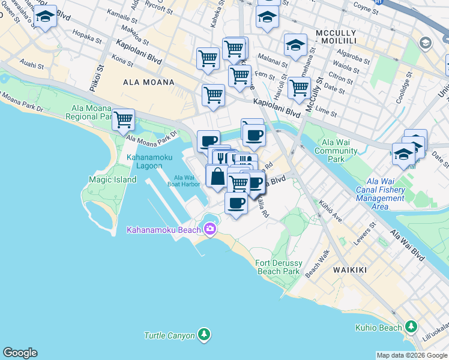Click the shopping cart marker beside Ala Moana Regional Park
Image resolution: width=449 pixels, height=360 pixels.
(x=124, y=118)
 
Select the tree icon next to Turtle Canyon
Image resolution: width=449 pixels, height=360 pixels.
(x=204, y=334)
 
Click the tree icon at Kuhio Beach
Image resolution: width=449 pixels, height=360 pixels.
(x=411, y=327)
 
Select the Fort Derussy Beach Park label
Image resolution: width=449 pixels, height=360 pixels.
(x=277, y=267)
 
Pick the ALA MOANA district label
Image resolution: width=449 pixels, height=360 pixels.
(x=148, y=82)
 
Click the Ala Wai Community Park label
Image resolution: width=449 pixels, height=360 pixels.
(x=337, y=151)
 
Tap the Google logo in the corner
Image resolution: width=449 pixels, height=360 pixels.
(x=20, y=353)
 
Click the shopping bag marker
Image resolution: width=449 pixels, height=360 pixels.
(x=217, y=176)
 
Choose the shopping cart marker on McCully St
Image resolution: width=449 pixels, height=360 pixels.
(x=299, y=88)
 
